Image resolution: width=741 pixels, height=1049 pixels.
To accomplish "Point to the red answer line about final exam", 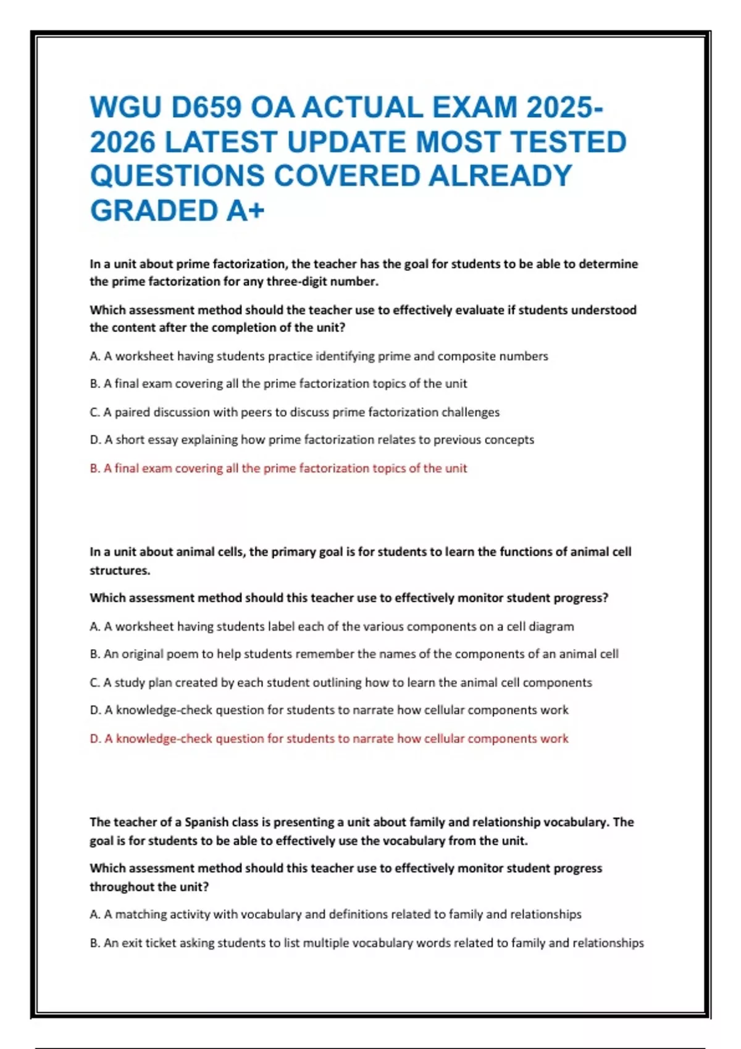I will pyautogui.click(x=278, y=468).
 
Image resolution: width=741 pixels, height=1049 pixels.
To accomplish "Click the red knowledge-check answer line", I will pyautogui.click(x=329, y=739).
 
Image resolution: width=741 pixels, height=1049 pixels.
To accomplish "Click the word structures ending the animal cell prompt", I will pyautogui.click(x=120, y=571).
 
